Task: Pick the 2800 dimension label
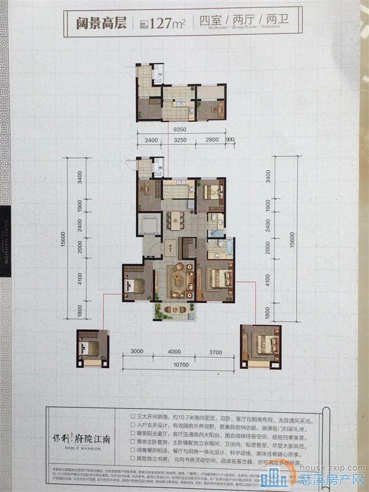coord(212,141)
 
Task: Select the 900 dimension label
coord(230,141)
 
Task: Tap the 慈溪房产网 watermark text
coord(331,480)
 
